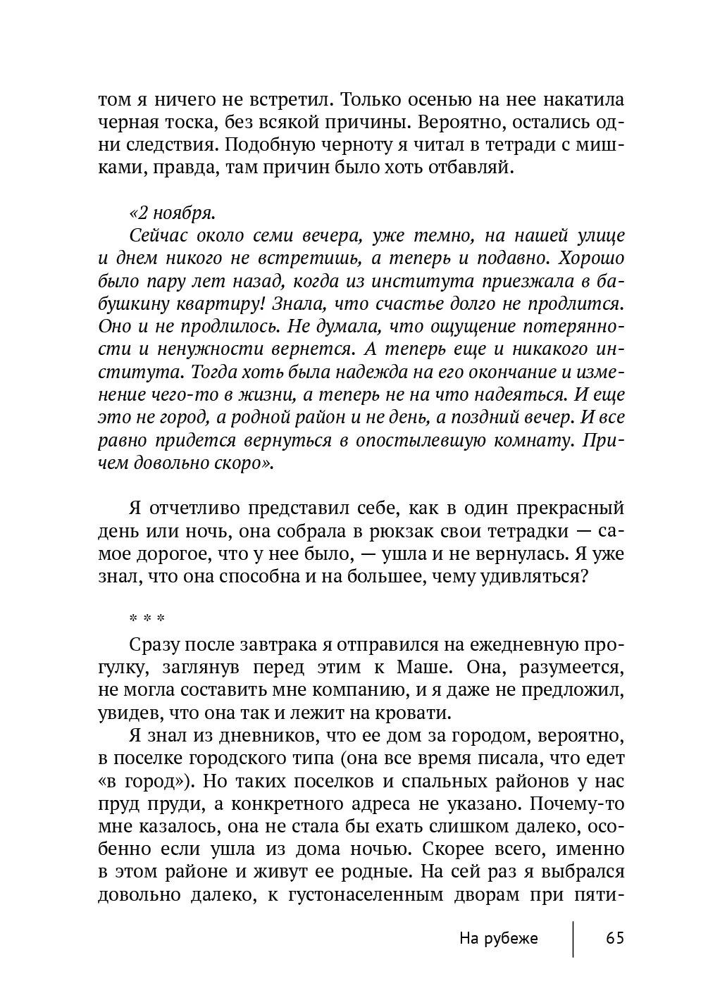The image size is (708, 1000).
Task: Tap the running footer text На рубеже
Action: pos(498,938)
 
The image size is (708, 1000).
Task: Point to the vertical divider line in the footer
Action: pos(573,938)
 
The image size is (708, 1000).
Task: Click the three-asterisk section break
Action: pos(147,620)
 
